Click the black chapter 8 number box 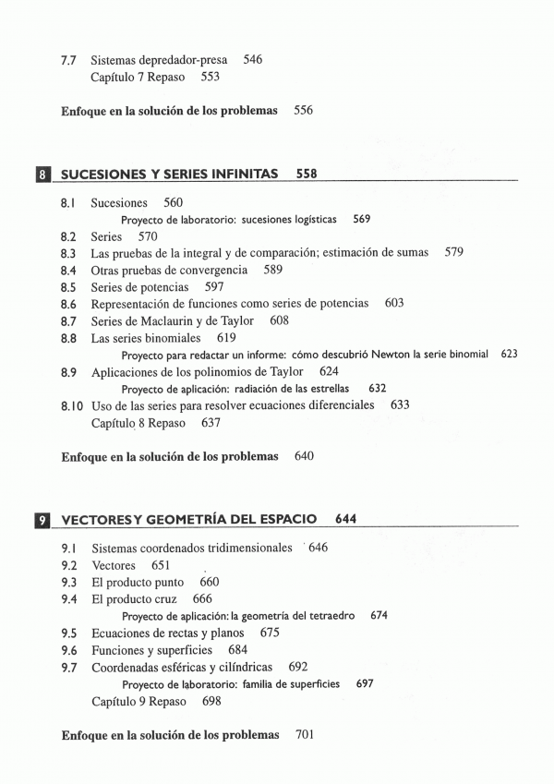(42, 173)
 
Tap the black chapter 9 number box (42, 519)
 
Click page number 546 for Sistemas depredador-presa (253, 60)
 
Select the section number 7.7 (68, 60)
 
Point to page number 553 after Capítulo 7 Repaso (210, 78)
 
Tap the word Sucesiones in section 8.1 (119, 202)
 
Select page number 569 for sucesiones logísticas (362, 220)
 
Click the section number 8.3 (68, 252)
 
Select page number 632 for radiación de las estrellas (377, 389)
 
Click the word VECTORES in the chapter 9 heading (97, 519)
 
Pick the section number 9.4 (68, 599)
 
